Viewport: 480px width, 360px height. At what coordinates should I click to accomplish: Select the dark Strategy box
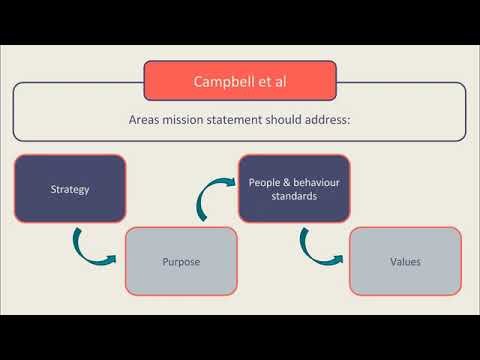click(70, 187)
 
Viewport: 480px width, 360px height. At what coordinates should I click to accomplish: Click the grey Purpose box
click(181, 261)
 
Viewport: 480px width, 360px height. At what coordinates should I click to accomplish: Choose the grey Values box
click(405, 261)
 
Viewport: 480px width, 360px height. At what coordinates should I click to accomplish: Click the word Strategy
click(70, 187)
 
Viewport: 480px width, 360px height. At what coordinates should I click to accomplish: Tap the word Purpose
click(181, 262)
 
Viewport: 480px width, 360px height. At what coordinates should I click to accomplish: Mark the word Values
click(405, 262)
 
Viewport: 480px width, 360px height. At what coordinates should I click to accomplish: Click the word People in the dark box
click(264, 181)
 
